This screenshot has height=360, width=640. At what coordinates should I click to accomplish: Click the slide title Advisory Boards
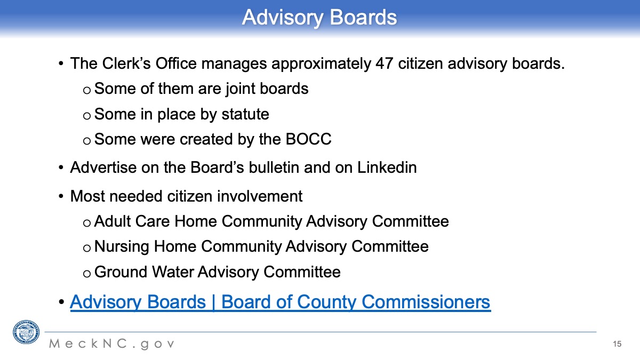(x=319, y=18)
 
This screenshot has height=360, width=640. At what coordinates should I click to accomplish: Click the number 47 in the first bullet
(x=385, y=63)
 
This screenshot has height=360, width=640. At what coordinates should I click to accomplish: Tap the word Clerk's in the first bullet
(x=126, y=63)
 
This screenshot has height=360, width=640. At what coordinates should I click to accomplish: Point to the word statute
(x=245, y=114)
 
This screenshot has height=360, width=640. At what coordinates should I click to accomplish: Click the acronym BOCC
(x=309, y=139)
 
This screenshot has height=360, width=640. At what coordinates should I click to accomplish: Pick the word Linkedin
(x=387, y=167)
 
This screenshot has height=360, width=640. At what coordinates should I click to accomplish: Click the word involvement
(x=260, y=196)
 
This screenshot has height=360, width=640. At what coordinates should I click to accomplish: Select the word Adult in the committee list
(x=113, y=221)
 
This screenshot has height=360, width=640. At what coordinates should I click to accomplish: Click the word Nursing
(x=122, y=247)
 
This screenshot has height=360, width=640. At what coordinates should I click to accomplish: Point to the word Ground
(x=121, y=271)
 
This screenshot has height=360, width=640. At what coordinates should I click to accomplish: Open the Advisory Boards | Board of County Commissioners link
(x=281, y=302)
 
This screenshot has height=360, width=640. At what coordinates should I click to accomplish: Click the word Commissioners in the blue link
(x=426, y=302)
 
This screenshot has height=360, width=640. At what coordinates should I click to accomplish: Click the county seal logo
(x=26, y=332)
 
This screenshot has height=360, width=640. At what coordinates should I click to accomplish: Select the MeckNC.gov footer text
(x=112, y=343)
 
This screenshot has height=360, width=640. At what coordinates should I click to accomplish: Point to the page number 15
(x=617, y=343)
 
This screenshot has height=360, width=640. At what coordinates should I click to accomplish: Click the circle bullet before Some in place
(x=87, y=116)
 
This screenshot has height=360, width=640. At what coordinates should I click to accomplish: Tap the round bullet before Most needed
(x=61, y=196)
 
